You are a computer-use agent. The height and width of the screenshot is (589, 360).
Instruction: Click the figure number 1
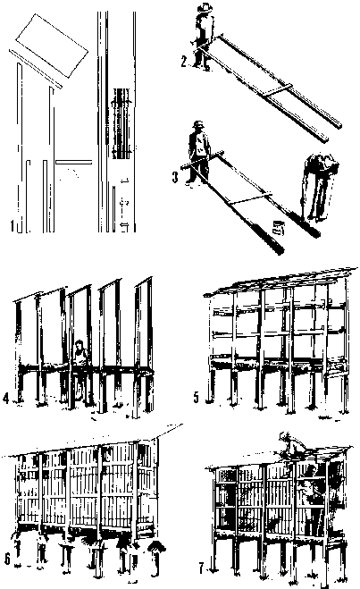[13, 225]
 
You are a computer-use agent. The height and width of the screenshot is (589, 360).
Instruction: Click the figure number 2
[183, 62]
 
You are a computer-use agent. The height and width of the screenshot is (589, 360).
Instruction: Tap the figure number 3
[175, 177]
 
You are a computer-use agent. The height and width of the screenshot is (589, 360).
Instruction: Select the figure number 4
[5, 398]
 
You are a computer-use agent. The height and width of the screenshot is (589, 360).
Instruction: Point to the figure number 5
[197, 398]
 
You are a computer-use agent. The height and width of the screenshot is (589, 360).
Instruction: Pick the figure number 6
[7, 560]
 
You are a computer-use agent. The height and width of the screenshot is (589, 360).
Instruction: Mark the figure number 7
[202, 568]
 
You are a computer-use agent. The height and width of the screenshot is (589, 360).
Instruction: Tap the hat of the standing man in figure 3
[197, 124]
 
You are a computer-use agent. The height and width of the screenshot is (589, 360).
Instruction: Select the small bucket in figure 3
[278, 228]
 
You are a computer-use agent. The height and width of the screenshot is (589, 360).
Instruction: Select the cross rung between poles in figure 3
[250, 198]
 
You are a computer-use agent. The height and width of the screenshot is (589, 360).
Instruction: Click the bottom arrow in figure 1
[123, 226]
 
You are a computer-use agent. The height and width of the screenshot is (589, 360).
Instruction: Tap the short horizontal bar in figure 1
[74, 163]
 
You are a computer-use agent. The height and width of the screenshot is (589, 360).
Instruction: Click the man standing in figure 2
[204, 37]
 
